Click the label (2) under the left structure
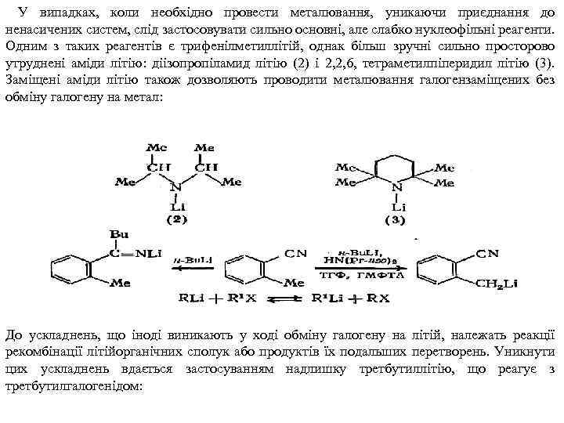(x=177, y=220)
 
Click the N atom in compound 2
(x=175, y=187)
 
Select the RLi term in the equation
(x=192, y=298)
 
